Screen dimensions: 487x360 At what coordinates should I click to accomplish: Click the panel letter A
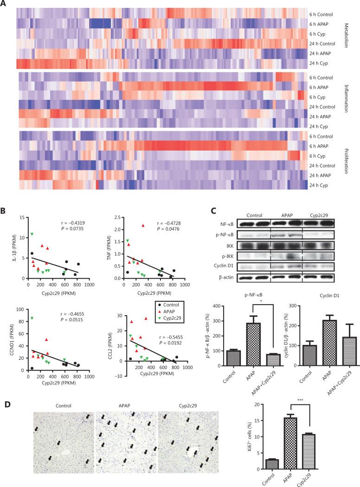click(5, 4)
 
